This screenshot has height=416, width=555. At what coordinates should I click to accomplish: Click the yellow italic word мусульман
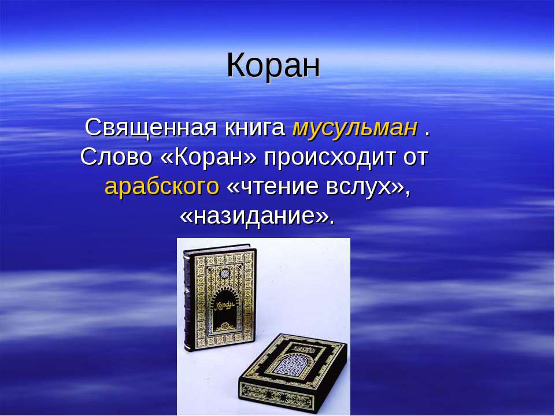click(x=354, y=128)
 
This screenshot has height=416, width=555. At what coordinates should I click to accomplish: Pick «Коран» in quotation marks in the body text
click(x=212, y=157)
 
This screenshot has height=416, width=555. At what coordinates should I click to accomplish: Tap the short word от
click(x=415, y=157)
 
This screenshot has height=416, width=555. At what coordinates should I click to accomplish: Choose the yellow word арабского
click(x=162, y=187)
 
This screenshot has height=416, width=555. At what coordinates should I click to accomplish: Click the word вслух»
click(x=369, y=187)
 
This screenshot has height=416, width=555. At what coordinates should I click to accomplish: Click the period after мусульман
click(x=427, y=132)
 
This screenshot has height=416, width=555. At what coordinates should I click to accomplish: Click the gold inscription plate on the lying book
click(x=300, y=348)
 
